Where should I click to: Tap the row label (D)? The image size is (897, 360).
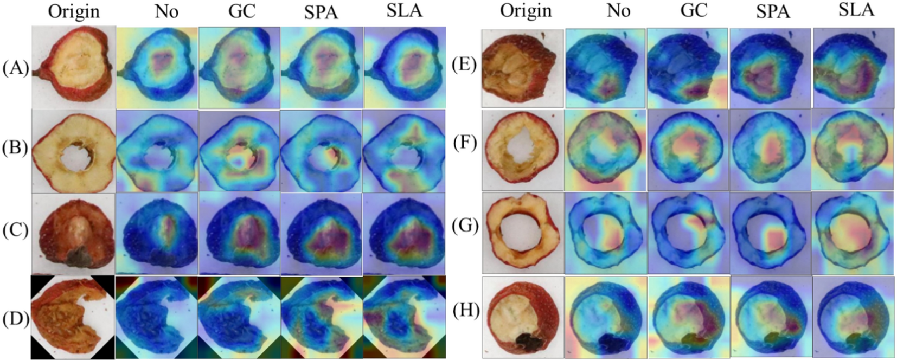click(x=16, y=319)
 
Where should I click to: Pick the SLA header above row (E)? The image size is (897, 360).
click(x=856, y=10)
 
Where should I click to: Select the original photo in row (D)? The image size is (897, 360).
click(x=73, y=317)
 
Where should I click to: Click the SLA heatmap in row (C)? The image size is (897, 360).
click(x=405, y=234)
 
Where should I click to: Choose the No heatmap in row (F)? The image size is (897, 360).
click(x=605, y=150)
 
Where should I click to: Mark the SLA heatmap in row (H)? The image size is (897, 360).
click(x=854, y=317)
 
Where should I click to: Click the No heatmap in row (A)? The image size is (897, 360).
click(x=157, y=67)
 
